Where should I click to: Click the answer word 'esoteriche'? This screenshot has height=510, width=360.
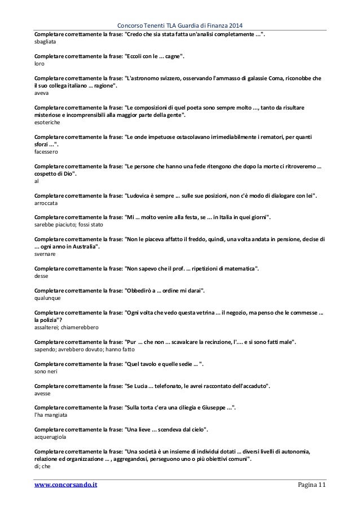[x=48, y=122]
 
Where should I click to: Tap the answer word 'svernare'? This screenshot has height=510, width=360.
[x=44, y=255]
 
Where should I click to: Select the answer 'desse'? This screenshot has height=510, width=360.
[x=41, y=276]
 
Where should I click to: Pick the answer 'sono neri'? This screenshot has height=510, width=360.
[x=46, y=372]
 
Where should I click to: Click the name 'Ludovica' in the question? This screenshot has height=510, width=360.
[x=138, y=195]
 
